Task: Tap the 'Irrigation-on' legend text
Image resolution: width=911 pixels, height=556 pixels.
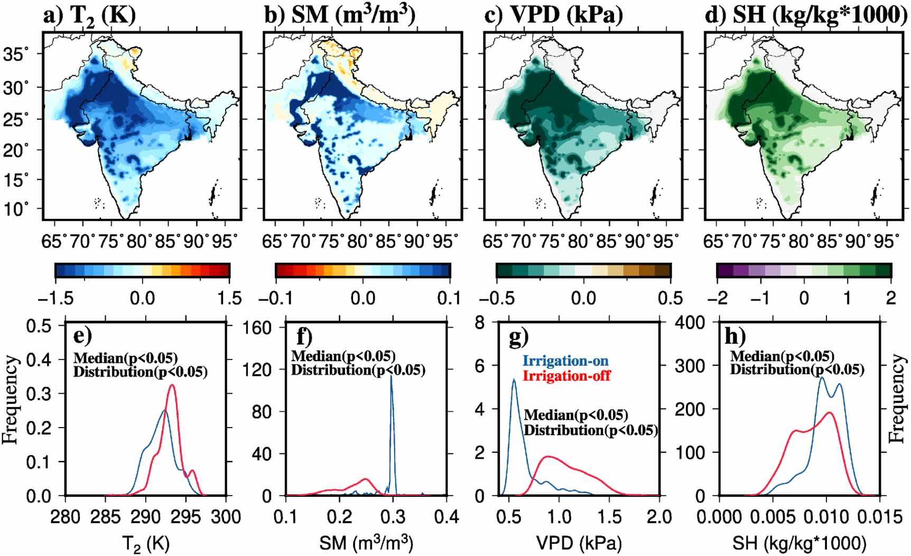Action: [x=565, y=361]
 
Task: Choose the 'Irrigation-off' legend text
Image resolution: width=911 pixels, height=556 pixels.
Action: [x=566, y=376]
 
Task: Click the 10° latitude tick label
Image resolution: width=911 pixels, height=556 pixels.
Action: [x=16, y=208]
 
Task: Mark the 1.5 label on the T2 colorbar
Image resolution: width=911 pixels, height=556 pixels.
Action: [x=229, y=298]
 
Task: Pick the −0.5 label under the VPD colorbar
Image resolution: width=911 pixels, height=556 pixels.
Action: [x=498, y=298]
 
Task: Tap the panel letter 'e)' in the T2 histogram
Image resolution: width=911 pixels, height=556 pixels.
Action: [x=82, y=336]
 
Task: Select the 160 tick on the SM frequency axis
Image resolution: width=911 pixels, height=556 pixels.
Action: [x=257, y=328]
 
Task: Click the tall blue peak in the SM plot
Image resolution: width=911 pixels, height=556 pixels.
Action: [x=391, y=376]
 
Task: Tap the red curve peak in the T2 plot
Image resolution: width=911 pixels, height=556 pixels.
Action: [x=172, y=385]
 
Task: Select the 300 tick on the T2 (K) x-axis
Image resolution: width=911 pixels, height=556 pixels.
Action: [x=226, y=517]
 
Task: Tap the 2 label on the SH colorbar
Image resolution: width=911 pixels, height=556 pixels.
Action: [x=891, y=298]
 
